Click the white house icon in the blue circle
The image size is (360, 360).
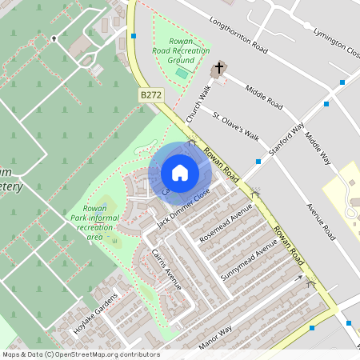pyautogui.click(x=180, y=173)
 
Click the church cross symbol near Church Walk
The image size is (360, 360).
pyautogui.click(x=218, y=70)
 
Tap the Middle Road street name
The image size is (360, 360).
pyautogui.click(x=264, y=97)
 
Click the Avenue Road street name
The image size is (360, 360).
pyautogui.click(x=319, y=221)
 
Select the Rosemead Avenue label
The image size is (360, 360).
pyautogui.click(x=226, y=224)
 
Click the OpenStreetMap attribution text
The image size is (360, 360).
pyautogui.click(x=80, y=354)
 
